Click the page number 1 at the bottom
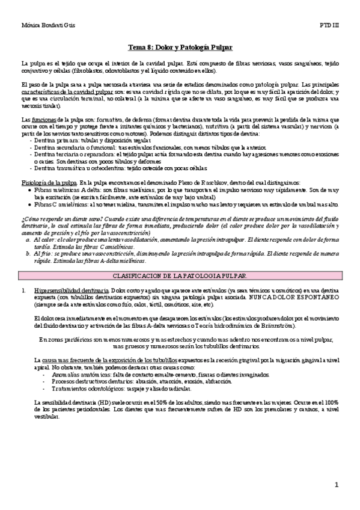(x=337, y=485)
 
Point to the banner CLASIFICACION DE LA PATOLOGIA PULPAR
(x=180, y=275)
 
